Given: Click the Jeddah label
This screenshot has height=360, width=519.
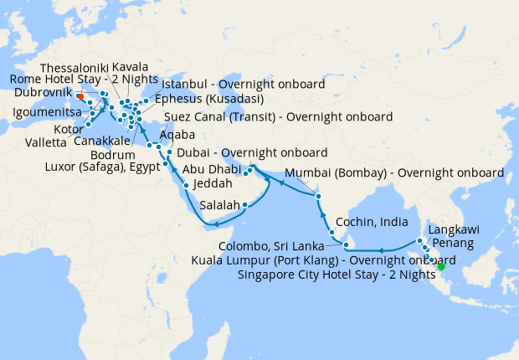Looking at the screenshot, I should point(210,183).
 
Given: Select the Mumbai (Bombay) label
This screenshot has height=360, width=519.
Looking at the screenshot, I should point(395,173).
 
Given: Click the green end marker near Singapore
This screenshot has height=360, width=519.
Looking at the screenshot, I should point(442,266).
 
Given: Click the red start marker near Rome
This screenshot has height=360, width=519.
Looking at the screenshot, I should point(80,95).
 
